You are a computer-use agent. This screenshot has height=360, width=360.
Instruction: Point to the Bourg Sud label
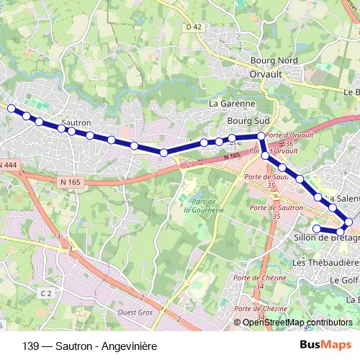tap(243, 122)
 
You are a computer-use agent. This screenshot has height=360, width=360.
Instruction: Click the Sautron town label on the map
tap(76, 123)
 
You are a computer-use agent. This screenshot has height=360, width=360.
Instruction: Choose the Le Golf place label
tap(343, 279)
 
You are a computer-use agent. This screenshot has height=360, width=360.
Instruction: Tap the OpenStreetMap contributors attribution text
tap(297, 323)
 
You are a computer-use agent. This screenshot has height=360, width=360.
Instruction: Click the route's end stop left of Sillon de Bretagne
tap(316, 229)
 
